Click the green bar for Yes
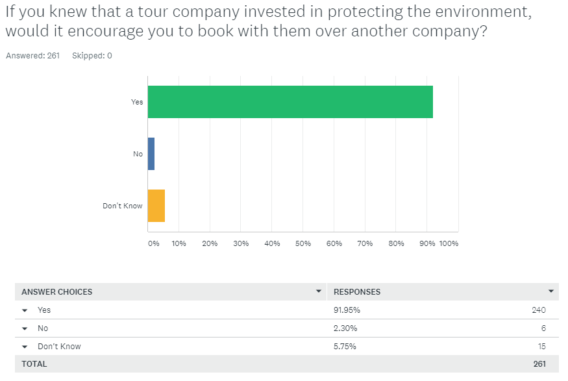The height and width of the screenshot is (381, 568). [x=290, y=102]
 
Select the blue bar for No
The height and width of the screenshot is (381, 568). [x=151, y=154]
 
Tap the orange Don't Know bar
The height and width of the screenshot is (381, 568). [x=156, y=206]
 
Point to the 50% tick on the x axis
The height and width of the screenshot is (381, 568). [x=303, y=243]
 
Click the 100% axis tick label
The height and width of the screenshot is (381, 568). [x=449, y=243]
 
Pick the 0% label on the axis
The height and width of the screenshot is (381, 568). [x=153, y=243]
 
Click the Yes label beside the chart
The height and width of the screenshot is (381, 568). [x=137, y=102]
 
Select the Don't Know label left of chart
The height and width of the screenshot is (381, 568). [x=123, y=206]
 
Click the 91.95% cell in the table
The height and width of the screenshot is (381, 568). [x=347, y=310]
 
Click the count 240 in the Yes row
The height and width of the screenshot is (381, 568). [x=539, y=310]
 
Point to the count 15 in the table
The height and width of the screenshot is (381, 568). [x=541, y=347]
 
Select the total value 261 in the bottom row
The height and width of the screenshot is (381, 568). [x=539, y=364]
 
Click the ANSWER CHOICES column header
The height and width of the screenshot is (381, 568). [x=57, y=292]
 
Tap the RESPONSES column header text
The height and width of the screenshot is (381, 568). [x=357, y=292]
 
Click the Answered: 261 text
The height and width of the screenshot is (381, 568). [x=32, y=56]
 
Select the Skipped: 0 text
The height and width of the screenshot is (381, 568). [x=92, y=56]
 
